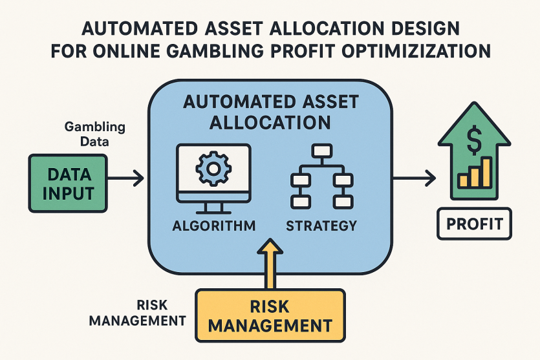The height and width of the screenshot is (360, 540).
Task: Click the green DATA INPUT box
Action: [x=68, y=184]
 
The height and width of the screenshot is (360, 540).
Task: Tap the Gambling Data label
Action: [x=94, y=134]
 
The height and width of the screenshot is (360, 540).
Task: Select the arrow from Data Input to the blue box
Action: [x=125, y=178]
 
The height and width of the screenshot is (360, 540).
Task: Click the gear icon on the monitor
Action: [x=213, y=169]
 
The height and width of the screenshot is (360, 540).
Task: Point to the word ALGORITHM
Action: [x=214, y=226]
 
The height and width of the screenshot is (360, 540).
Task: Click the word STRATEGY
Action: [x=321, y=226]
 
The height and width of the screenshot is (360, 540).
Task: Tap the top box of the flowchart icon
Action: [x=321, y=151]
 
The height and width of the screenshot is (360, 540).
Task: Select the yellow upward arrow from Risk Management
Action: [x=270, y=264]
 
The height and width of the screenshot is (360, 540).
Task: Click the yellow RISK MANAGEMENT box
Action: [x=270, y=315]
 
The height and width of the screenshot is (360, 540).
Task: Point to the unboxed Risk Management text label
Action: [x=137, y=313]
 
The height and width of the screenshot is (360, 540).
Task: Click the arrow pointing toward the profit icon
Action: [x=415, y=178]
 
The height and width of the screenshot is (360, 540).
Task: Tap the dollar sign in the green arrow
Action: [x=474, y=140]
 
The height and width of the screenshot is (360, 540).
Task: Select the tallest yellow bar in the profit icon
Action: [x=486, y=172]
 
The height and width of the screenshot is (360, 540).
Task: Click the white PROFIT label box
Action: [x=474, y=224]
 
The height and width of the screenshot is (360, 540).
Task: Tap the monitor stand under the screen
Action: [x=213, y=207]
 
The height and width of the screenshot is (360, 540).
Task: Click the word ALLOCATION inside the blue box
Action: [x=270, y=123]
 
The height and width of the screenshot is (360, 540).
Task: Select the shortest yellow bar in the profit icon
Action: [x=464, y=181]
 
